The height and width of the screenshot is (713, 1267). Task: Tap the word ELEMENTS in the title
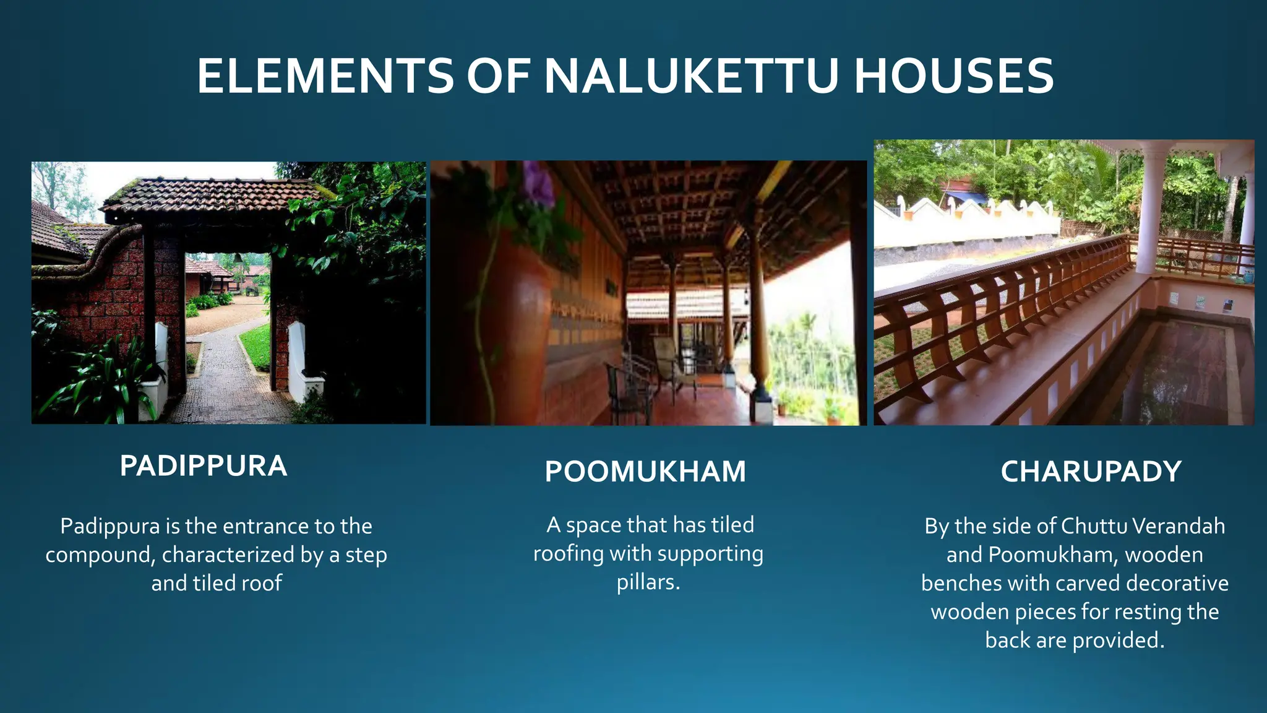pyautogui.click(x=325, y=76)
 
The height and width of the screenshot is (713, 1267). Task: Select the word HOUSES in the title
pyautogui.click(x=953, y=76)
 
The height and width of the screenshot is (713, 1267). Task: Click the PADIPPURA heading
pyautogui.click(x=204, y=466)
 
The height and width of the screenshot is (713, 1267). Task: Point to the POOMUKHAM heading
pyautogui.click(x=645, y=472)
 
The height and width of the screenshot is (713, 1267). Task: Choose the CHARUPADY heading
pyautogui.click(x=1091, y=472)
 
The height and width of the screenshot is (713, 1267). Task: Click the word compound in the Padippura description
pyautogui.click(x=98, y=555)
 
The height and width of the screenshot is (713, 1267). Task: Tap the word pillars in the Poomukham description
pyautogui.click(x=648, y=582)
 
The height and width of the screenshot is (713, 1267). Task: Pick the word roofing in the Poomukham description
pyautogui.click(x=568, y=554)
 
